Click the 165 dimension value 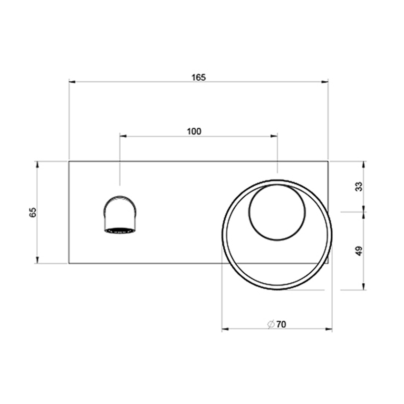[x=199, y=77]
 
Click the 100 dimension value [x=194, y=132]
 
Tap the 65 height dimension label [x=33, y=212]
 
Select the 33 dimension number [x=359, y=186]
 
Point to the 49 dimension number [x=359, y=250]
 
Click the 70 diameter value [x=281, y=325]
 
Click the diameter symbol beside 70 [x=270, y=325]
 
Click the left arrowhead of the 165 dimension [x=73, y=82]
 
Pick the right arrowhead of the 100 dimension [x=274, y=136]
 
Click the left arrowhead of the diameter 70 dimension [x=225, y=329]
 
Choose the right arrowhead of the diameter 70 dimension [x=329, y=329]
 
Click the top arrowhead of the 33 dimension [x=364, y=164]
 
